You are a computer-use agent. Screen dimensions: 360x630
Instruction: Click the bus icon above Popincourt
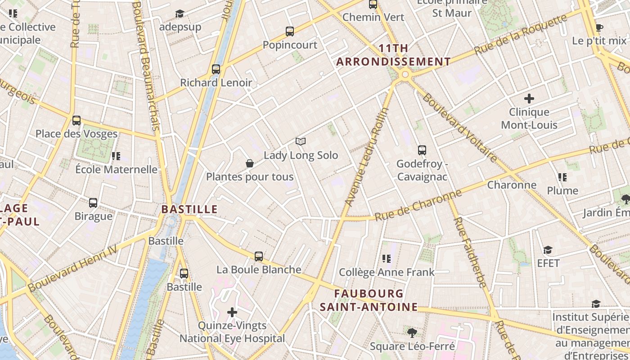(x=290, y=31)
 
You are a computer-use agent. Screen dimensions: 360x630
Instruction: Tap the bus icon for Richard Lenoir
(x=216, y=69)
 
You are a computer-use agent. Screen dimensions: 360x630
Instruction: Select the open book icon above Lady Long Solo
(x=301, y=142)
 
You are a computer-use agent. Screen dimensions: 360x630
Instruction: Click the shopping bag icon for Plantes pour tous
(x=250, y=163)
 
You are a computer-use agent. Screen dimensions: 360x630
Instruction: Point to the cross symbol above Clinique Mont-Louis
(x=529, y=98)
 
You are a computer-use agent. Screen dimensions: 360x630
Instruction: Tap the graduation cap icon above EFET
(x=548, y=250)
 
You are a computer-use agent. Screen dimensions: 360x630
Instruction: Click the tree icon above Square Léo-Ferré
(x=412, y=333)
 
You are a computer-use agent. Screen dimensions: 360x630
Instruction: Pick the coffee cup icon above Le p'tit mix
(x=599, y=27)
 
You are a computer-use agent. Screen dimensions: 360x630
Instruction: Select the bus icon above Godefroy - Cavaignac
(x=422, y=150)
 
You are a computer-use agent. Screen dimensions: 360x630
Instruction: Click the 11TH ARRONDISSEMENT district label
(x=394, y=55)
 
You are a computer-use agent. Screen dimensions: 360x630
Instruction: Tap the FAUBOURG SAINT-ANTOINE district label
(x=369, y=300)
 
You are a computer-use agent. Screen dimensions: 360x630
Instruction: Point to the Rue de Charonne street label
(x=418, y=205)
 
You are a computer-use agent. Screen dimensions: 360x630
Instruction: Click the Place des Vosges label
(x=76, y=134)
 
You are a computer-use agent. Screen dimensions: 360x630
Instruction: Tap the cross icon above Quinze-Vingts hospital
(x=232, y=312)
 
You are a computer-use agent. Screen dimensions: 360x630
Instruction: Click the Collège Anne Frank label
(x=387, y=272)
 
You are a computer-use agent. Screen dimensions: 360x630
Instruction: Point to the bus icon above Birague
(x=93, y=203)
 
